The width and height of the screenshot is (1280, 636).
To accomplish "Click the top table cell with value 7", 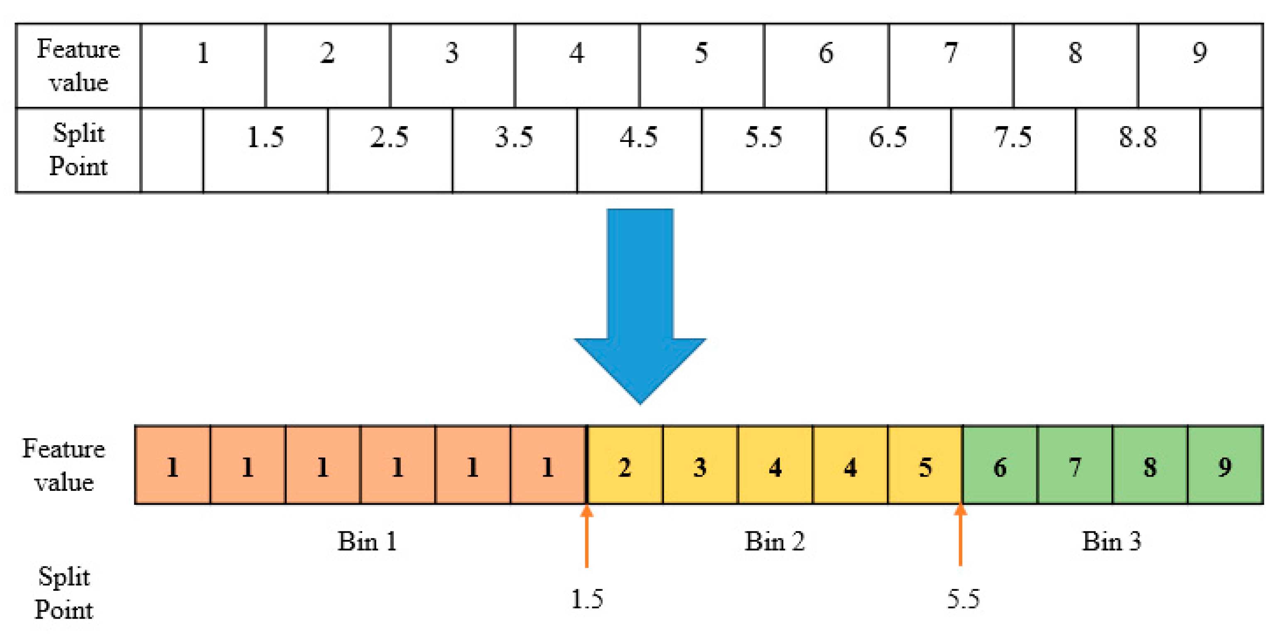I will click(x=951, y=66).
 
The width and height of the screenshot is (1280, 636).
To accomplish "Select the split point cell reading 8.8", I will click(x=1138, y=150).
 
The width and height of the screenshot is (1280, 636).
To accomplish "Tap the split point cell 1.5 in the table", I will click(x=265, y=150).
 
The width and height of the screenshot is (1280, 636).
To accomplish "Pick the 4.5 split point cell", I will click(x=639, y=150).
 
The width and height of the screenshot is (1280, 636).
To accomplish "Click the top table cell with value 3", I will click(x=452, y=66).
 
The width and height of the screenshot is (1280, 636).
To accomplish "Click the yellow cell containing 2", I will click(x=625, y=465).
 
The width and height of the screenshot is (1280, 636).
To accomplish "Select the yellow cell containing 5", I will click(x=925, y=465).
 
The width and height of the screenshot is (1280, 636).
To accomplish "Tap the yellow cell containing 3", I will click(x=700, y=465).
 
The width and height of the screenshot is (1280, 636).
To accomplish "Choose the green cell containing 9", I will click(x=1225, y=465).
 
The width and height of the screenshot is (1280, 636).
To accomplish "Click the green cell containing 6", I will click(x=1000, y=465).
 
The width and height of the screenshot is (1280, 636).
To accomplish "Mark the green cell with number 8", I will click(x=1150, y=465).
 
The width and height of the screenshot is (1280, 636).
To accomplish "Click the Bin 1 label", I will click(x=367, y=541).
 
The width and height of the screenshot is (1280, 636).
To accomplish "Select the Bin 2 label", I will click(x=774, y=541).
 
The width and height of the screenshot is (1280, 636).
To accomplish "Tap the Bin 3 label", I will click(x=1111, y=541).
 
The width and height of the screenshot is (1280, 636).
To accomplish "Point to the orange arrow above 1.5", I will click(x=587, y=536).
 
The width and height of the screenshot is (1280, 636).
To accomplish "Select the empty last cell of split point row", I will click(x=1231, y=150).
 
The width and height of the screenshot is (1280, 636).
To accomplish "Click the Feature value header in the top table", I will click(x=78, y=66).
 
